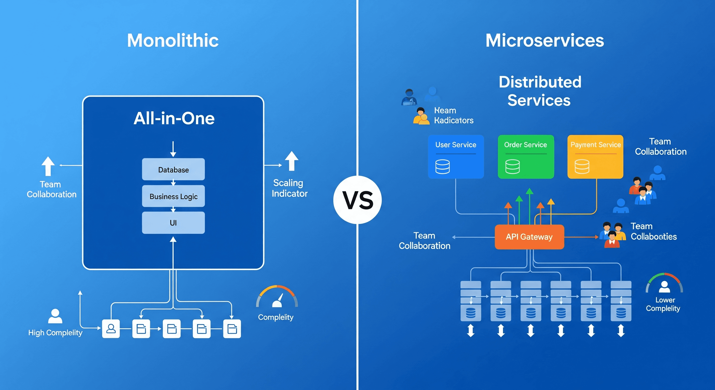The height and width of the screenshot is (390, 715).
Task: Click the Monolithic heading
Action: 173,41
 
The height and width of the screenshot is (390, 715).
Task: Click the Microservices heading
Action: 545,41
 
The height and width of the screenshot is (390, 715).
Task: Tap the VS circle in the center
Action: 357,200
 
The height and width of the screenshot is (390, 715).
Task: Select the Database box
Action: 173,169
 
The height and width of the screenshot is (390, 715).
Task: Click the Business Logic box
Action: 173,196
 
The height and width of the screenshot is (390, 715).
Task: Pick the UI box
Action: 173,223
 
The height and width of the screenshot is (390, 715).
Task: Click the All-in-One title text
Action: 174,118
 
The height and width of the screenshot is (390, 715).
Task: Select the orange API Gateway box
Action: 529,237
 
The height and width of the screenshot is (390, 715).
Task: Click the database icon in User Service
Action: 443,167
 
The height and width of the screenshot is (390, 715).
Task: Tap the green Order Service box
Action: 526,157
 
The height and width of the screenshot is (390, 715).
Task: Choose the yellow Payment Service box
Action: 595,157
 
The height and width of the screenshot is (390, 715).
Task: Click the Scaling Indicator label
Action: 289,188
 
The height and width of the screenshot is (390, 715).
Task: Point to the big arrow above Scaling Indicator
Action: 291,161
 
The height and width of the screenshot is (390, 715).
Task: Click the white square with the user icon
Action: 111,329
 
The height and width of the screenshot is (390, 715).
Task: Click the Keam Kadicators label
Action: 453,115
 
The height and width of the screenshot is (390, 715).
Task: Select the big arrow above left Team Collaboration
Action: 48,166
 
